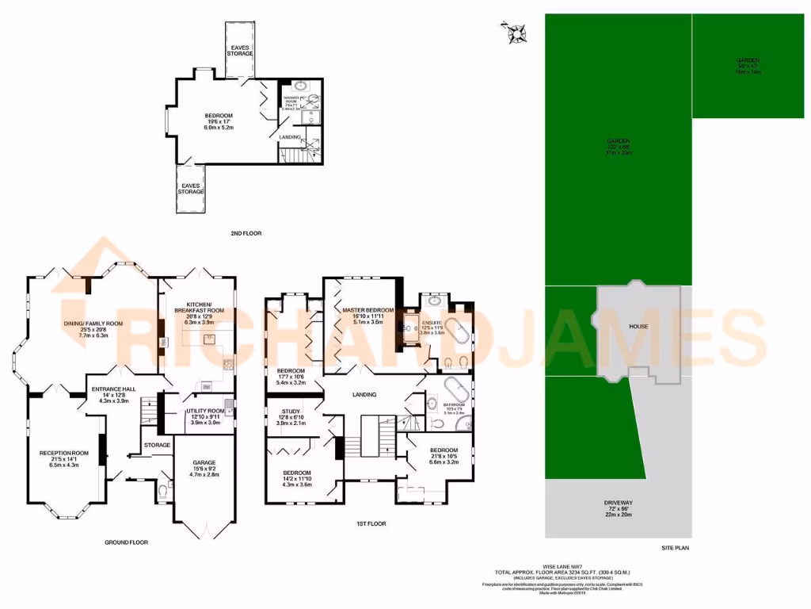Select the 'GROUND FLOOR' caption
coord(126,542)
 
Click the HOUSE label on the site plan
coord(639,326)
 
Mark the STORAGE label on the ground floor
coord(157,445)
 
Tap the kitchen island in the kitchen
coord(205,339)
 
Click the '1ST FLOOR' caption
coord(371,524)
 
